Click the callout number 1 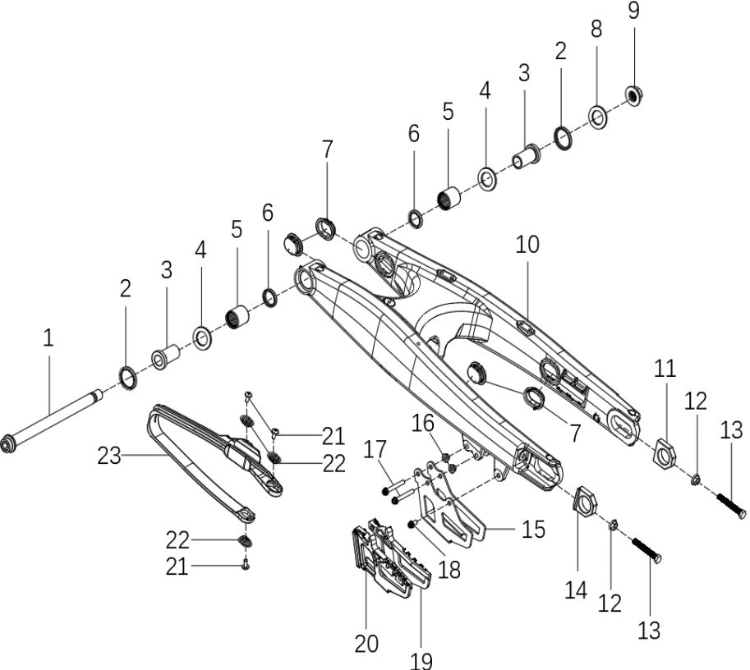48,337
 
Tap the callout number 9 633,11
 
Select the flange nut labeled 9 634,95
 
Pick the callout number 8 596,29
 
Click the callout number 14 576,590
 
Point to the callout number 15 533,530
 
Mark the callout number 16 423,423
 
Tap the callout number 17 375,450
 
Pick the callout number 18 449,568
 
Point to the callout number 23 109,455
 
